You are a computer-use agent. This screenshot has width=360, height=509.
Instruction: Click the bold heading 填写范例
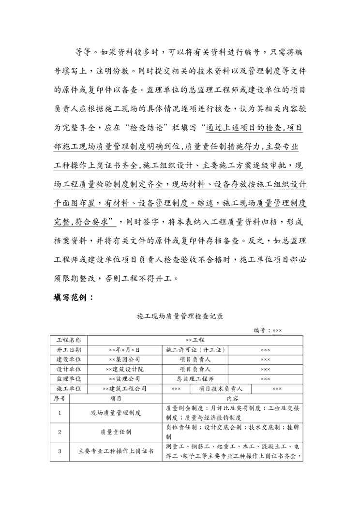74,298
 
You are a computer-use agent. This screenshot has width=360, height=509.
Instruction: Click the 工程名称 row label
69,340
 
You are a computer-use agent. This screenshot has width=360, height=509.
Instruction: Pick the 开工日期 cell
69,350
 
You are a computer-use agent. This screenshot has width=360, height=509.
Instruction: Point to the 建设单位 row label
69,359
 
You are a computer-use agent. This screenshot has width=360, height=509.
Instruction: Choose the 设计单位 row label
69,369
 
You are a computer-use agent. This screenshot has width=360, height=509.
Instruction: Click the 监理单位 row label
69,379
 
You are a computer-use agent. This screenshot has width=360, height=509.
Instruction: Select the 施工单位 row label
69,389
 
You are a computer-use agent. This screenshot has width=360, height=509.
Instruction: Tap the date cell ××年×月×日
124,350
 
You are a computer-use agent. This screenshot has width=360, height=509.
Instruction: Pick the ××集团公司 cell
124,359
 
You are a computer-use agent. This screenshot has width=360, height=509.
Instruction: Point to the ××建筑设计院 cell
124,369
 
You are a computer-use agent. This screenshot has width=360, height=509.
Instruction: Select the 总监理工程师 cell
195,379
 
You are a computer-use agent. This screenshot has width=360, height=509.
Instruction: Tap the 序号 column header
59,398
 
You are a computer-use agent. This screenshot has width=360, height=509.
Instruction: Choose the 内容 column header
232,398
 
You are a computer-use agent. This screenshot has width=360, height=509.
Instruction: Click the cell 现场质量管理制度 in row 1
116,413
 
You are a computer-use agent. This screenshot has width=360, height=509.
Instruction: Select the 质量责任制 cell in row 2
116,432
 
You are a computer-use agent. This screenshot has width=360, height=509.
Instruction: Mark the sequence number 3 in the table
60,451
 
